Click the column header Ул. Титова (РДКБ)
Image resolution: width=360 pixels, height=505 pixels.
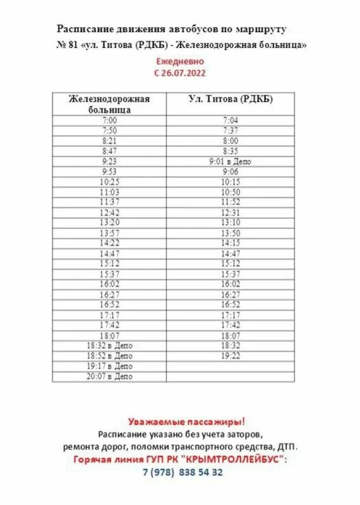point(231,99)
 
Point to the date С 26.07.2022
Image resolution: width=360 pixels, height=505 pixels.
point(180,73)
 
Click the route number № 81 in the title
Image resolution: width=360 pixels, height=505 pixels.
point(64,45)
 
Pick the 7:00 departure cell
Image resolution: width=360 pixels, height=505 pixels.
point(109,120)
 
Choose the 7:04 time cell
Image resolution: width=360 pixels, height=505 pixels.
point(231,120)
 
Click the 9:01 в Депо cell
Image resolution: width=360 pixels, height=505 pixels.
point(231,161)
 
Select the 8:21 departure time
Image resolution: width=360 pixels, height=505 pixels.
point(109,141)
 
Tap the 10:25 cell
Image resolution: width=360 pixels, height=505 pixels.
point(109,182)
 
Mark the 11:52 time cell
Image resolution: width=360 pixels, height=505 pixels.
point(231,202)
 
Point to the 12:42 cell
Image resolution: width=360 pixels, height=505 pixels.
point(109,213)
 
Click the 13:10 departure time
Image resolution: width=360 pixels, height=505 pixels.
point(231,222)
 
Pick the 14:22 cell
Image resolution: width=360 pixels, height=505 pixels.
point(109,243)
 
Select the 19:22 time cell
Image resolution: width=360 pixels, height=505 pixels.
point(231,356)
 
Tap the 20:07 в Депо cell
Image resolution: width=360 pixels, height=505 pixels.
point(109,376)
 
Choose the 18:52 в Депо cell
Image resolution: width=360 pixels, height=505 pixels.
point(109,356)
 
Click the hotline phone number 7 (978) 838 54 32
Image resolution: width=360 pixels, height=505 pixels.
point(183,472)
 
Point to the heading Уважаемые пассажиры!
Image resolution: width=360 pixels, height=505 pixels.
point(186,421)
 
